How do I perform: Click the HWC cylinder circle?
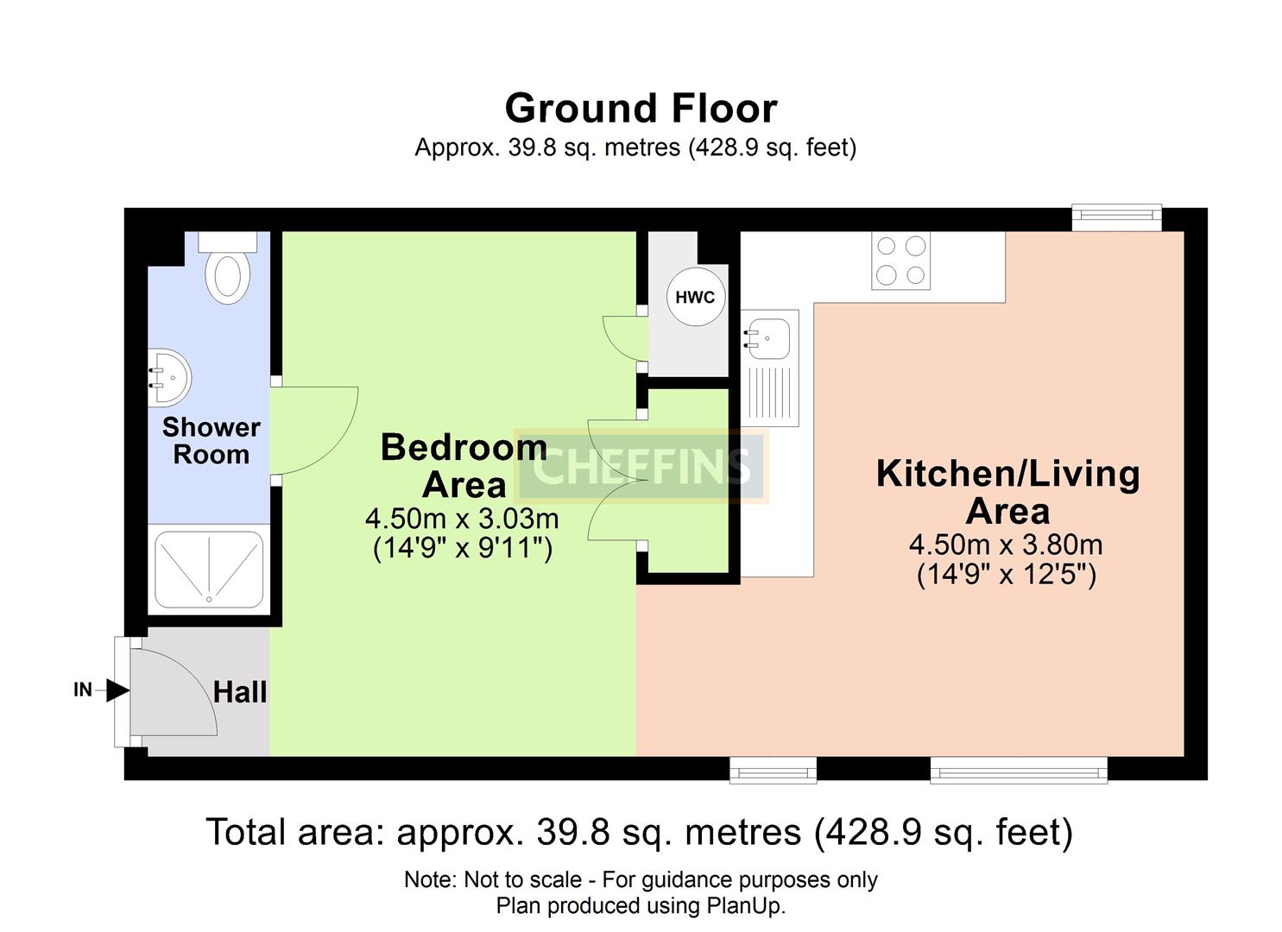coord(695,297)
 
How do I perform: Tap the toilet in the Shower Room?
coord(228,267)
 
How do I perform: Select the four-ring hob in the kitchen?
coord(900,261)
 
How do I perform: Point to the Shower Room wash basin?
coord(169,378)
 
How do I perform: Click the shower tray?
coord(209,570)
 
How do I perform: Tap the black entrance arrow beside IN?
coord(118,690)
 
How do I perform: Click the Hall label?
coord(240,692)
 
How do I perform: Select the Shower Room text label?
coord(212,440)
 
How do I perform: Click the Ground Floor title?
coord(641,108)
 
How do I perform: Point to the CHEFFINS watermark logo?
coord(641,466)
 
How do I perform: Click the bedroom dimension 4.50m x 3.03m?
coord(462,519)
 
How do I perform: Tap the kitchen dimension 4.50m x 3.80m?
coord(1006,544)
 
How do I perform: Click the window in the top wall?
coord(1116,217)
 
